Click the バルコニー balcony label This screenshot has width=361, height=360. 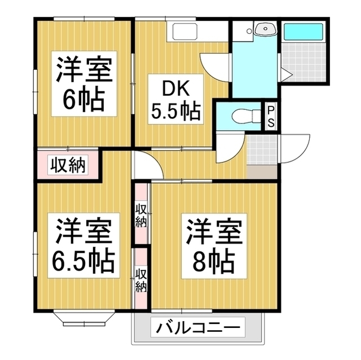pyautogui.click(x=199, y=327)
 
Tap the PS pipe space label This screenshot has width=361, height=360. pyautogui.click(x=271, y=117)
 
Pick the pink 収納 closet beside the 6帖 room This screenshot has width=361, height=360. pyautogui.click(x=69, y=165)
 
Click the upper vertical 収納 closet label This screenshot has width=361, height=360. pyautogui.click(x=141, y=214)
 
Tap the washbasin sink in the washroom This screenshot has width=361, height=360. pyautogui.click(x=263, y=30)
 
